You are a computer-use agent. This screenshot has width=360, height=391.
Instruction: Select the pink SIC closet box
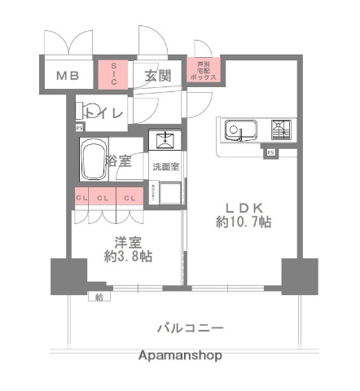[113, 73]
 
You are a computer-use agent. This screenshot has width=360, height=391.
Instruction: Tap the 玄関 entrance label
[158, 76]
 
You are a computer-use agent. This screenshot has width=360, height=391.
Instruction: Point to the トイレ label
[105, 112]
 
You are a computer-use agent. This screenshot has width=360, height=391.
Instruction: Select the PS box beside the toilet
[79, 128]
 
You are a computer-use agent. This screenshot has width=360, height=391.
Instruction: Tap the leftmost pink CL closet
[81, 197]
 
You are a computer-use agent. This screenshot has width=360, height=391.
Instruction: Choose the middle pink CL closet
[104, 197]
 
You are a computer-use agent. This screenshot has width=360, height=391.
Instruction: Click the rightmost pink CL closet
[129, 197]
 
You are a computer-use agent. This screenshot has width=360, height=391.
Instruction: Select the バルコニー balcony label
[189, 327]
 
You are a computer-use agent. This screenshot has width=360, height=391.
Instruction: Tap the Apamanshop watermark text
[179, 356]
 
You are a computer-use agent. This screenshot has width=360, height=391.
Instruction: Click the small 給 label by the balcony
[99, 296]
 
